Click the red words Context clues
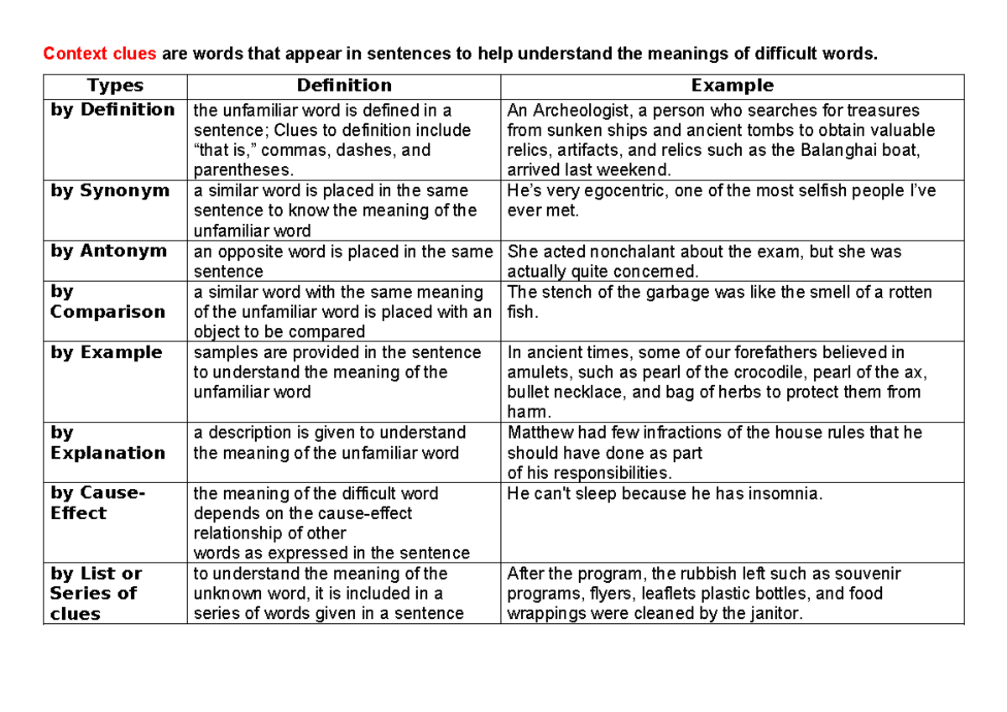[x=99, y=55]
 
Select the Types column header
[x=115, y=86]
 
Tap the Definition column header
[x=344, y=86]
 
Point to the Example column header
[x=732, y=86]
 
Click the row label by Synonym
[x=110, y=190]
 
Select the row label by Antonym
[x=109, y=251]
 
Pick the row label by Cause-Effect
[x=97, y=502]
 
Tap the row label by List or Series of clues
[x=96, y=593]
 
